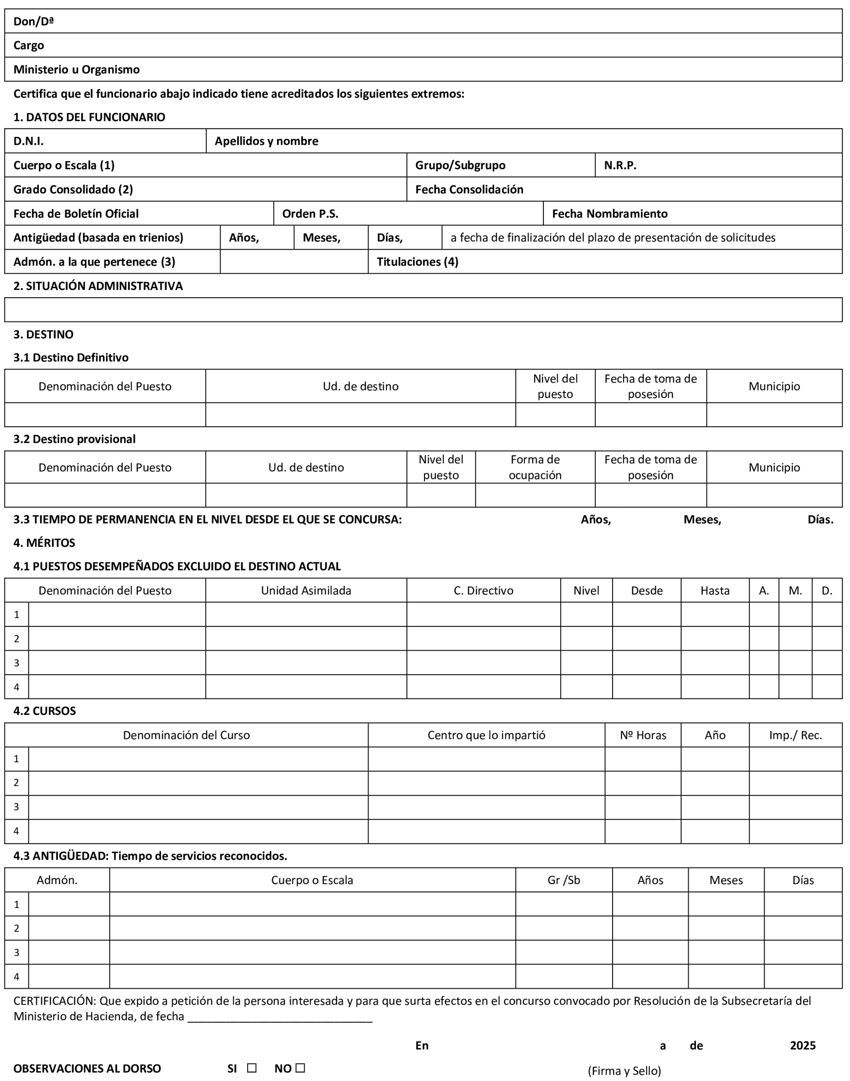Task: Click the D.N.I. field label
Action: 28,141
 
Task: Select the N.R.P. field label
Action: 620,165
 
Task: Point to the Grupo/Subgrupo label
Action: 460,165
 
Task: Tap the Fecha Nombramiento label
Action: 610,214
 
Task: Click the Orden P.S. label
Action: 310,214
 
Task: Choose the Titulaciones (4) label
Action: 417,262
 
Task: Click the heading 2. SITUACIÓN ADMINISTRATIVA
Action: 98,286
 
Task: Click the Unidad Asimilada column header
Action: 306,591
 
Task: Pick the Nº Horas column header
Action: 643,735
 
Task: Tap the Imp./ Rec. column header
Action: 795,735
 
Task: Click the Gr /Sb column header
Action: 564,880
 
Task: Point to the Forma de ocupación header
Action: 535,467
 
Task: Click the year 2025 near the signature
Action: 803,1045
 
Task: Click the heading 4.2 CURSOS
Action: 45,711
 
